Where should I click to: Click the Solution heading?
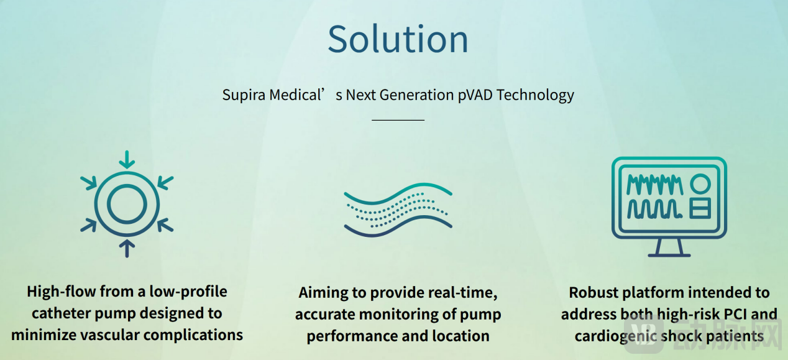(x=398, y=39)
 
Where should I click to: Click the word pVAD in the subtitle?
(x=475, y=95)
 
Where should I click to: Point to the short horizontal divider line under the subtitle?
(x=398, y=120)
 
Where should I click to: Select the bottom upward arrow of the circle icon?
(x=127, y=249)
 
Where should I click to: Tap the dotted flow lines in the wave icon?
(x=398, y=210)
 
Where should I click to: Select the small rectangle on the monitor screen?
(x=700, y=208)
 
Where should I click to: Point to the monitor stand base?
(x=669, y=255)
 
